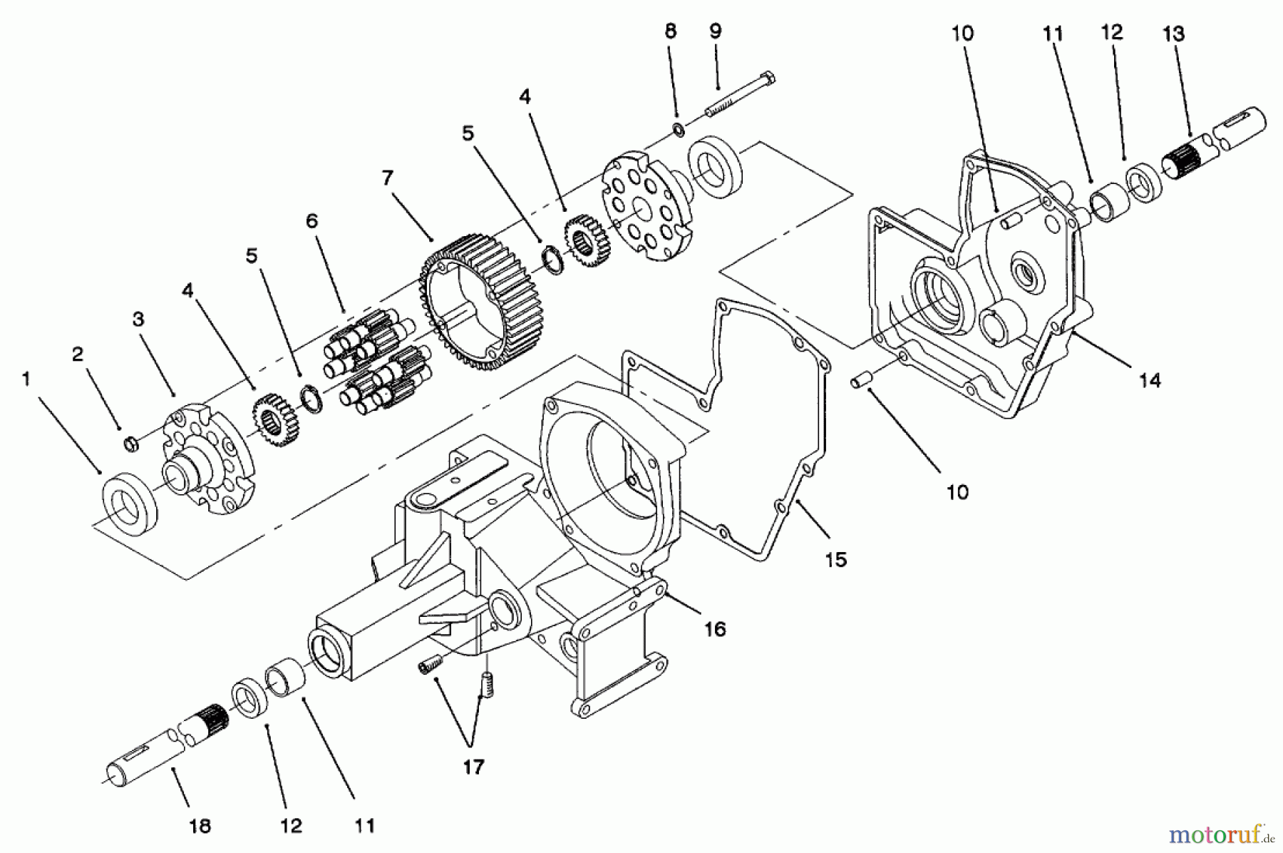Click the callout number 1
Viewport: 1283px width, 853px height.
click(x=26, y=379)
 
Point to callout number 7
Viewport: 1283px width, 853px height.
click(x=388, y=178)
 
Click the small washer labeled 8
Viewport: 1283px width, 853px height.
click(x=679, y=130)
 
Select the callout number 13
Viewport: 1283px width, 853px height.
click(x=1173, y=34)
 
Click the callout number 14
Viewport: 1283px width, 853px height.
click(x=1149, y=380)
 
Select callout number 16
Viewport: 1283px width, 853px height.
click(x=715, y=628)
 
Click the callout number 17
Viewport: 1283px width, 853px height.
click(x=473, y=767)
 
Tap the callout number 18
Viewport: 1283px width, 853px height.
click(x=200, y=826)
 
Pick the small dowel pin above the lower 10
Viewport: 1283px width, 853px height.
click(x=859, y=383)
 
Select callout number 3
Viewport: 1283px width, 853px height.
click(x=138, y=320)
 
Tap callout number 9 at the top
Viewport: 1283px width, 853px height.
click(x=716, y=31)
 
